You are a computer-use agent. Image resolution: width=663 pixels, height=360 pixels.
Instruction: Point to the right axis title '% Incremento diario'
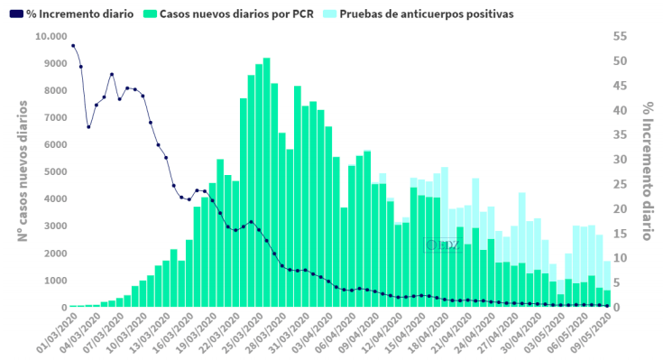(647, 171)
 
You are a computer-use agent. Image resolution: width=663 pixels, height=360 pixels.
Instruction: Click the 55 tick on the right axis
(619, 36)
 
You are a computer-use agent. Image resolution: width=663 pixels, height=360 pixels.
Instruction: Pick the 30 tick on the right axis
(619, 160)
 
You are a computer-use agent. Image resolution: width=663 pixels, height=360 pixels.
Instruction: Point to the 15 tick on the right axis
(619, 234)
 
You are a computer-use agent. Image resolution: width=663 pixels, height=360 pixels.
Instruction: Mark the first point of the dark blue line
(73, 45)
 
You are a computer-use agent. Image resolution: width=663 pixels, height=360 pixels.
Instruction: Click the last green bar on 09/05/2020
(607, 299)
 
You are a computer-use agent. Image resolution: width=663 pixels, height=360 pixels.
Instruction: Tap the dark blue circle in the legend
(15, 15)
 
